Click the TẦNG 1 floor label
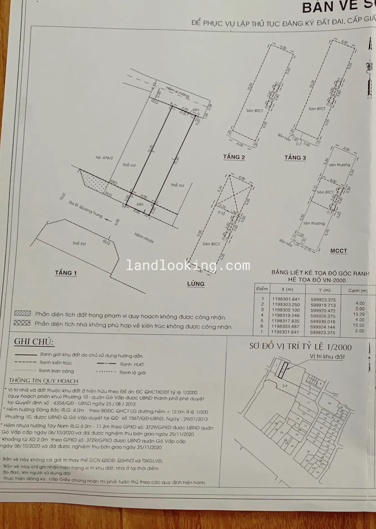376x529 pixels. (x=66, y=273)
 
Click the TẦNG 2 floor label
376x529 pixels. (x=234, y=157)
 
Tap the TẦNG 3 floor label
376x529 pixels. (x=295, y=158)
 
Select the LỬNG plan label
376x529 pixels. (x=196, y=284)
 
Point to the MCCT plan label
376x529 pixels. (x=339, y=251)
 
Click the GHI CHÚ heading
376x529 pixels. (x=34, y=342)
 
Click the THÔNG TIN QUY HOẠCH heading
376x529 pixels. (x=44, y=381)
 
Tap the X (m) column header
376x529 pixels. (x=287, y=289)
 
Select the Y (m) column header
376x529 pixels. (x=323, y=290)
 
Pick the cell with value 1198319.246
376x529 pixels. (x=285, y=315)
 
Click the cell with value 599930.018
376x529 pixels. (x=323, y=322)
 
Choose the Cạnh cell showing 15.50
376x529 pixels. (x=359, y=325)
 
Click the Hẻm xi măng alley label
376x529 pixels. (x=178, y=92)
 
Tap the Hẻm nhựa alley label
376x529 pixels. (x=144, y=238)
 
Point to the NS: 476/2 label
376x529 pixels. (x=104, y=158)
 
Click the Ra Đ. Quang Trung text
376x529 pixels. (x=86, y=209)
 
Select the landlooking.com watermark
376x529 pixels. (x=188, y=266)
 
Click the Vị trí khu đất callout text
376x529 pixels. (x=327, y=357)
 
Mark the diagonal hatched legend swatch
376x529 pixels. (x=22, y=313)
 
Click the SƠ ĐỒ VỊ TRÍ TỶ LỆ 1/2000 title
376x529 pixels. (x=300, y=347)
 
